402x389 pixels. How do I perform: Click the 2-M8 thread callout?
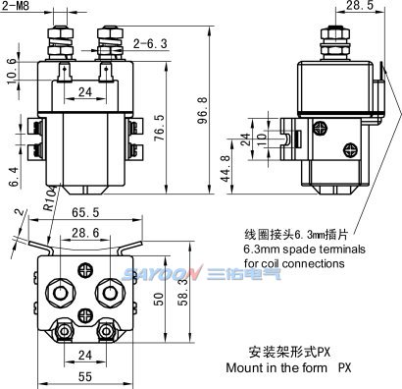point(16,7)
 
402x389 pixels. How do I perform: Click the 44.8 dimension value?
point(226,168)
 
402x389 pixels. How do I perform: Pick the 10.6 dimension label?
point(11,71)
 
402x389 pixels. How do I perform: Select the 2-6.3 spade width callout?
point(150,43)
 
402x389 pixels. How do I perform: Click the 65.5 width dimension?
point(85,212)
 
